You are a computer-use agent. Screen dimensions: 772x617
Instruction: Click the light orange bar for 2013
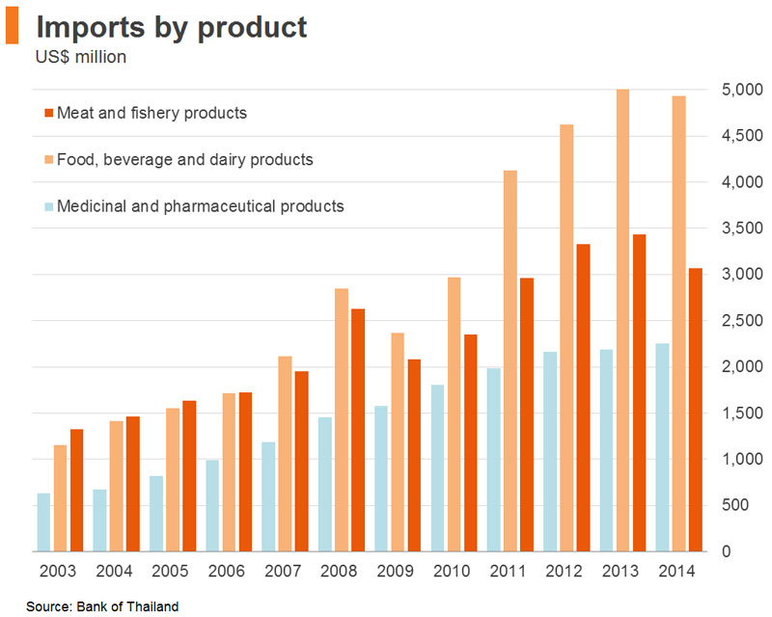coord(622,320)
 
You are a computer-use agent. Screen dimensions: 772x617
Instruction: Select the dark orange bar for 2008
coord(358,430)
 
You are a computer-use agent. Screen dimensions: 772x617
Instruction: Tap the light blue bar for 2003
coord(43,522)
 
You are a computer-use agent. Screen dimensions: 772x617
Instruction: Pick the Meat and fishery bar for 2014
coord(695,410)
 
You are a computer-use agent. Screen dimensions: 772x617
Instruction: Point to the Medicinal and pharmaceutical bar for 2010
coord(437,468)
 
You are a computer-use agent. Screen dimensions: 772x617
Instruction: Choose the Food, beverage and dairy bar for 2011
coord(510,361)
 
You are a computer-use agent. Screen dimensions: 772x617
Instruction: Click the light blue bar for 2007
coord(268,496)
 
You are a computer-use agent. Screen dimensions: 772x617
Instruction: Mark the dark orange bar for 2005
coord(189,476)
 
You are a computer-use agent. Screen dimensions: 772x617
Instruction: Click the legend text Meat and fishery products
coord(152,113)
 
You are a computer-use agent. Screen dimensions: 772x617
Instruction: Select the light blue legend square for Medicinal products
coord(49,206)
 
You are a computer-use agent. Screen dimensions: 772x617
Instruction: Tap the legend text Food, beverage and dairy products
coord(185,160)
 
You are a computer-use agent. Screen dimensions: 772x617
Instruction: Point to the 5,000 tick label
coord(742,90)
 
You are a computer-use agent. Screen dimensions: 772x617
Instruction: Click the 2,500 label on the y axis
coord(742,320)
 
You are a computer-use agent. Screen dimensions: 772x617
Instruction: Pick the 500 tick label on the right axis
coord(735,505)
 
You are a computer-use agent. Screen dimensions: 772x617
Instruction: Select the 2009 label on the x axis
coord(395,572)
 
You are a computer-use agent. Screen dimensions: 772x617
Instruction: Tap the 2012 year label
coord(564,572)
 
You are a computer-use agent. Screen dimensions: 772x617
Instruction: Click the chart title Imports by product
coord(172,28)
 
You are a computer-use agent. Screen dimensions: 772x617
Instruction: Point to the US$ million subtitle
coord(81,57)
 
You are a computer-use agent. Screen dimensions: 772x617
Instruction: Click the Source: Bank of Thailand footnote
coord(102,606)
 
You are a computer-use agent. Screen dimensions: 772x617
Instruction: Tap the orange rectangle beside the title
coord(13,25)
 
